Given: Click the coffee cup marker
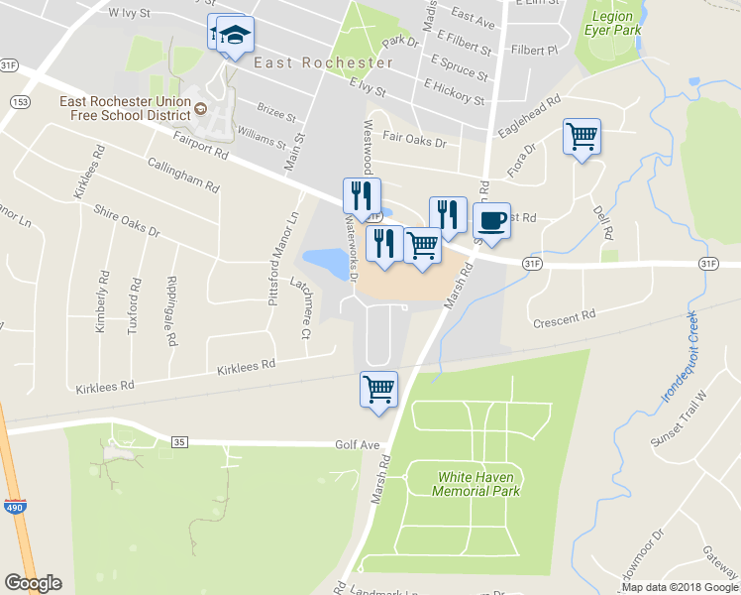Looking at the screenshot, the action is pos(491,220).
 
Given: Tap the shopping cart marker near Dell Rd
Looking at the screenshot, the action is pos(582,136).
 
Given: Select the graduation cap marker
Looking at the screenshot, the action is pos(234,35).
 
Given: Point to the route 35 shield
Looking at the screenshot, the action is pos(179,441).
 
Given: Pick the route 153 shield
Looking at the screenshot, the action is pos(18,102).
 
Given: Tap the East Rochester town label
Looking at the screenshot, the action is pos(323,62).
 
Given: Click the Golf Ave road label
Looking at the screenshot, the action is pos(358,445).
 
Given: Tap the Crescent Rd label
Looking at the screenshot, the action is pos(564,318).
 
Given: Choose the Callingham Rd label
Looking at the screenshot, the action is pos(181,175).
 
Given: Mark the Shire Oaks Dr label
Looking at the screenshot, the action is pos(126,221).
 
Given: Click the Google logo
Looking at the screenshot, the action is pos(33,583).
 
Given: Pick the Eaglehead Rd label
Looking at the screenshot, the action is pos(530,115).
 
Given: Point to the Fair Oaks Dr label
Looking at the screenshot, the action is pos(414,142).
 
